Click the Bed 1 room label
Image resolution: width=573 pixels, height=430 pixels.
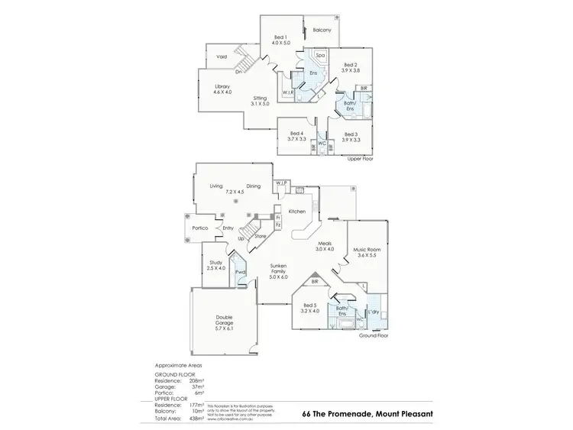280,37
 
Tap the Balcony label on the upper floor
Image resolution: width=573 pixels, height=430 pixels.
322,31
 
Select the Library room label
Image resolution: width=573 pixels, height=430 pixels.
222,86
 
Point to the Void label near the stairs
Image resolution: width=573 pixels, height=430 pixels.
222,57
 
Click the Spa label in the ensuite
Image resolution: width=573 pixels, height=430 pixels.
321,55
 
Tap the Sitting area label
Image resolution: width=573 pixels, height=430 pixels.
261,99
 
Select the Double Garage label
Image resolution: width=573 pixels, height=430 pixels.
224,320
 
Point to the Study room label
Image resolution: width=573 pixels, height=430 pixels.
216,263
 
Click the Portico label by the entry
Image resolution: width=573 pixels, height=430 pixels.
202,228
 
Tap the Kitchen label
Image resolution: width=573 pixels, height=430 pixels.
296,211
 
